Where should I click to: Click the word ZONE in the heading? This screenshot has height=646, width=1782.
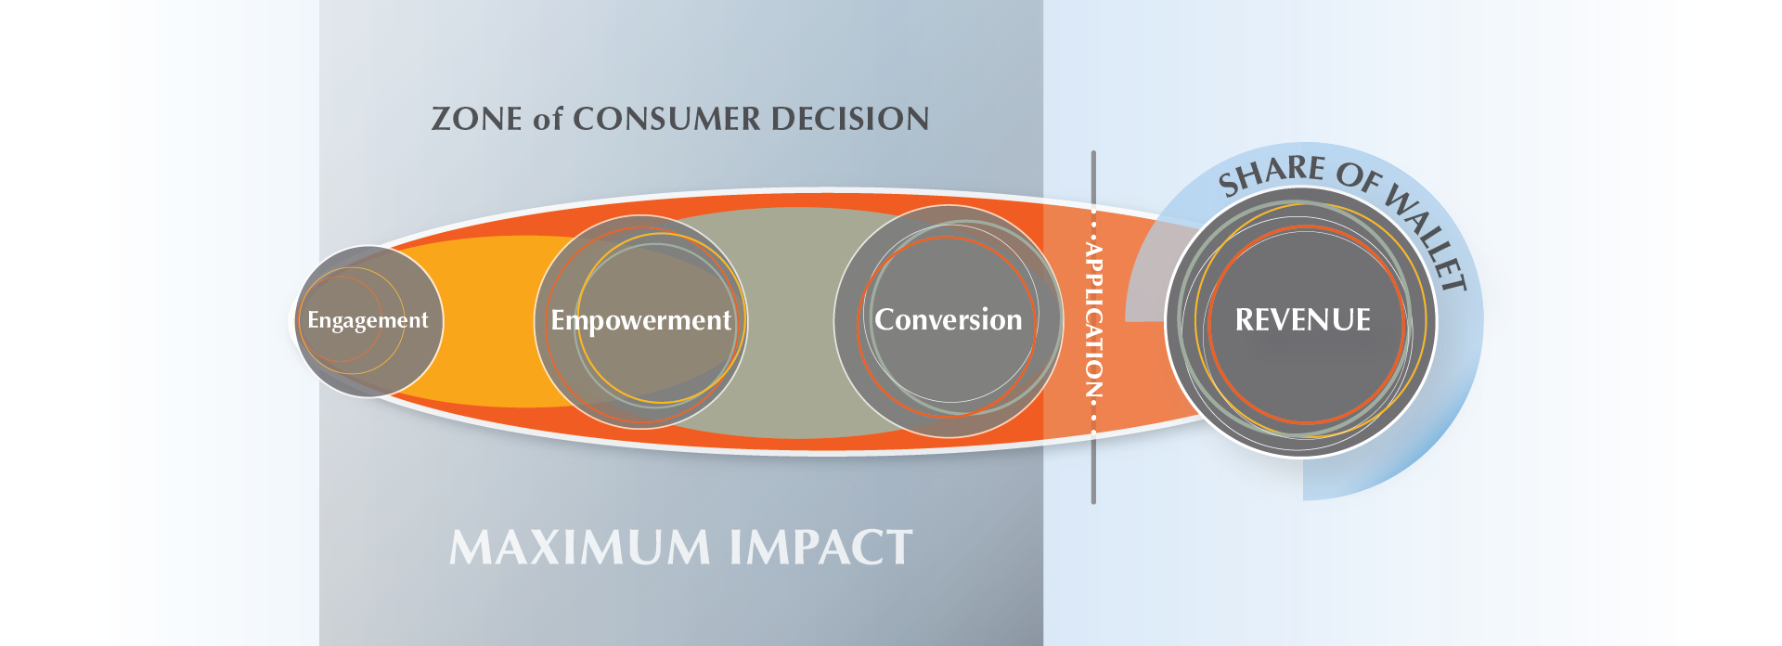(x=476, y=119)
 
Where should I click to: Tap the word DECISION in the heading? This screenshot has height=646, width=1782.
(x=850, y=119)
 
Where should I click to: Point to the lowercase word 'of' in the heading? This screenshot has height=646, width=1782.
(x=548, y=119)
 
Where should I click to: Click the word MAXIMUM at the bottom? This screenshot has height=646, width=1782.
(x=580, y=548)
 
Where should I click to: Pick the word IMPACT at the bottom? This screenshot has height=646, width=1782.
(x=820, y=548)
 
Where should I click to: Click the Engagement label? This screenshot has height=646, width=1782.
(x=368, y=321)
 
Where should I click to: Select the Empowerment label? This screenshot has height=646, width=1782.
(x=640, y=321)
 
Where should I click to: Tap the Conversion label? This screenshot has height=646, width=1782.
(x=948, y=319)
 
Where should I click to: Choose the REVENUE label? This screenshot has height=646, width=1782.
(x=1302, y=320)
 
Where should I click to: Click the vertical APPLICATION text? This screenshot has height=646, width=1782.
(x=1094, y=320)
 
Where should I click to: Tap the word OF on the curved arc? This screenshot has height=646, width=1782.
(x=1359, y=176)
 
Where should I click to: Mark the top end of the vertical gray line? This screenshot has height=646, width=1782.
(x=1093, y=152)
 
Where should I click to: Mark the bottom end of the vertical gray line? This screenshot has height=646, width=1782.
(x=1093, y=503)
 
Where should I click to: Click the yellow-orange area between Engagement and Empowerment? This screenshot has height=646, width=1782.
(x=487, y=321)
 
